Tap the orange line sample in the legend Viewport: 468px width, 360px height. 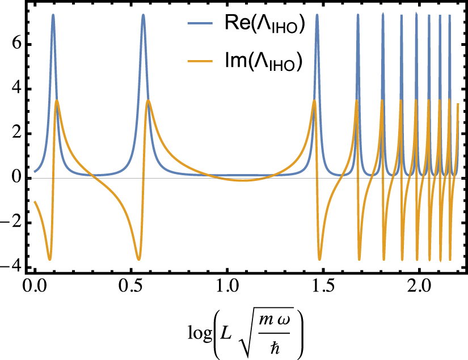[200, 63]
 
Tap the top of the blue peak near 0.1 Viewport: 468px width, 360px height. [53, 15]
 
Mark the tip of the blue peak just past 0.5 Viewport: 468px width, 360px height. [143, 15]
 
